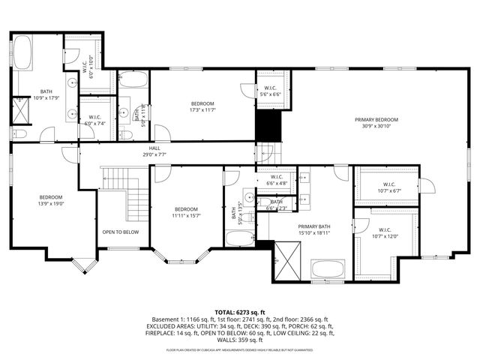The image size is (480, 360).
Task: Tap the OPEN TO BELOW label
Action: (120, 232)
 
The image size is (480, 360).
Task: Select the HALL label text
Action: (154, 148)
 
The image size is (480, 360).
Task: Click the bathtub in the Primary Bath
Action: (327, 268)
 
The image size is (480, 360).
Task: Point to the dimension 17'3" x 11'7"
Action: (202, 110)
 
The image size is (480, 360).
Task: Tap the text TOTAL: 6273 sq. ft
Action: (240, 312)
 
